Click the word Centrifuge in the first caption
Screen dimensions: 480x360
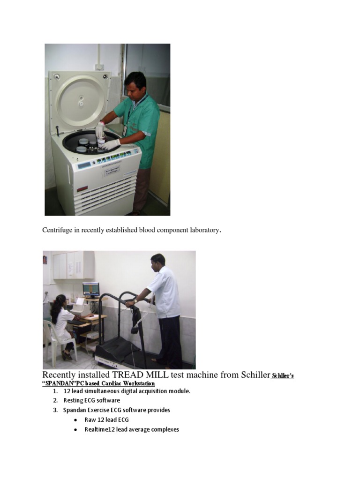click(x=57, y=230)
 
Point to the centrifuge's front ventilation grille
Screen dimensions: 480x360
click(x=105, y=197)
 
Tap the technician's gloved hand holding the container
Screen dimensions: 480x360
click(x=100, y=131)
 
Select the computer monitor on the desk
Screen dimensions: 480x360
click(x=91, y=289)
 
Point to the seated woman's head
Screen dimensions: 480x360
click(x=59, y=302)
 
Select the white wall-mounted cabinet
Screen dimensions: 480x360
click(x=73, y=265)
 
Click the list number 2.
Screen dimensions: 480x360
click(x=55, y=400)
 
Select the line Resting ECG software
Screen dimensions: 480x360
click(x=91, y=400)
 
